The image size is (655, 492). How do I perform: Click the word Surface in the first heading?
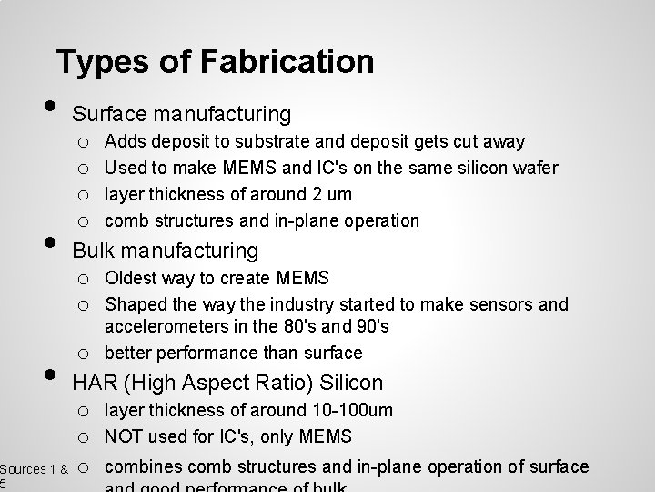109,114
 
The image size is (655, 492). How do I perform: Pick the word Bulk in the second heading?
94,250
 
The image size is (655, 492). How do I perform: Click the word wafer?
534,168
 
